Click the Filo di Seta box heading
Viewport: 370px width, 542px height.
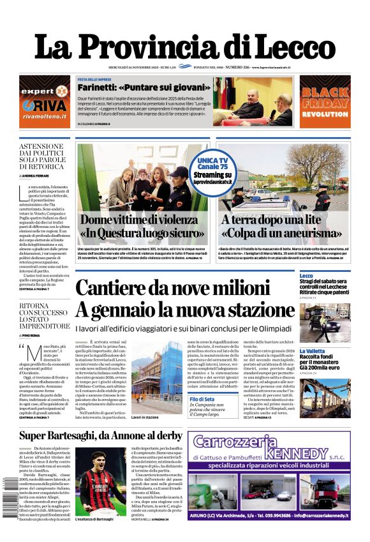[202, 381]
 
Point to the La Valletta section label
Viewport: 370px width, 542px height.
[312, 351]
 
